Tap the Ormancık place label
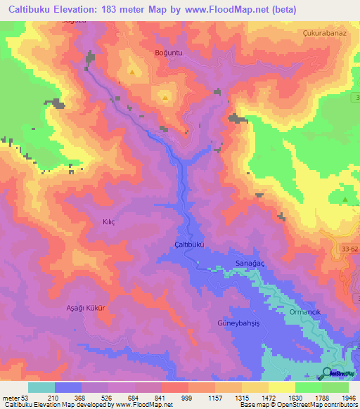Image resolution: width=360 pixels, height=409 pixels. point(304,311)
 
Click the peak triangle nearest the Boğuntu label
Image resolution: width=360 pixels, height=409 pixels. point(133,72)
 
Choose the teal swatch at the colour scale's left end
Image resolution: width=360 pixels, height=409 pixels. point(41,387)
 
